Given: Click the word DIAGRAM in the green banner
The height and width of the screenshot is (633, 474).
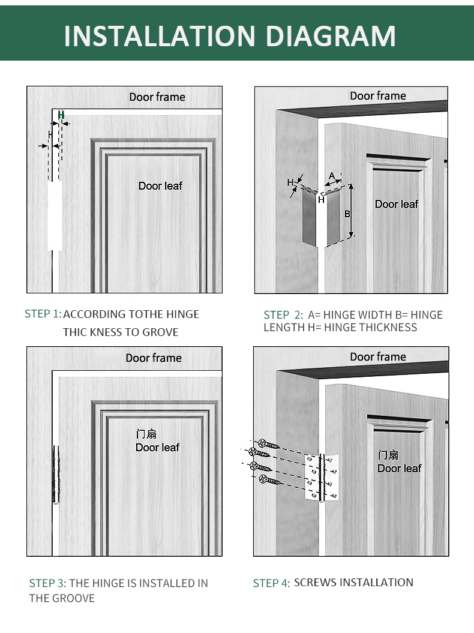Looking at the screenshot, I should coord(331,36).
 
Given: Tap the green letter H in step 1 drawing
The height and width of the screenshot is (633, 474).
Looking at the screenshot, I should coord(61,114).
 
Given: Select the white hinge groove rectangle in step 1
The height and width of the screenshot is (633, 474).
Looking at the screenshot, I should coord(55,215).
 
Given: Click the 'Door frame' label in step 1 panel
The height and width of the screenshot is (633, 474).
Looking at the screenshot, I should coord(157,97).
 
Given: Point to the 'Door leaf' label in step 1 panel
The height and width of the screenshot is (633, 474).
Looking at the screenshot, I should coord(160,186).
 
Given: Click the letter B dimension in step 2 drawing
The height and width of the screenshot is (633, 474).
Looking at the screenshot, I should coord(347,214).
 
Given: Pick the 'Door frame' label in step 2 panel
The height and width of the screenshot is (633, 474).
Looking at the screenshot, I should coord(378,96).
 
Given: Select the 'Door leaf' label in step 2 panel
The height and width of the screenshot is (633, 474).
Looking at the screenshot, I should coord(397,205).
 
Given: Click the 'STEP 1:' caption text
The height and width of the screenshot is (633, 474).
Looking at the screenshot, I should coord(43,314).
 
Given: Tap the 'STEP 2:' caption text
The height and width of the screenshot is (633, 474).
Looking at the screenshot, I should coord(283,315).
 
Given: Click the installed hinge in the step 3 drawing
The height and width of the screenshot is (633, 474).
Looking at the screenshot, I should coord(56,475).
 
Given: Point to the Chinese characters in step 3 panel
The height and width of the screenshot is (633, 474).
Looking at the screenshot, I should coord(146,434).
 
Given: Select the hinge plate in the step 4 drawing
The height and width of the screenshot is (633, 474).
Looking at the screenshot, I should coord(322,478).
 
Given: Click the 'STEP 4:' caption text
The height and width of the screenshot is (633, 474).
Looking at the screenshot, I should coord(271,583).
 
